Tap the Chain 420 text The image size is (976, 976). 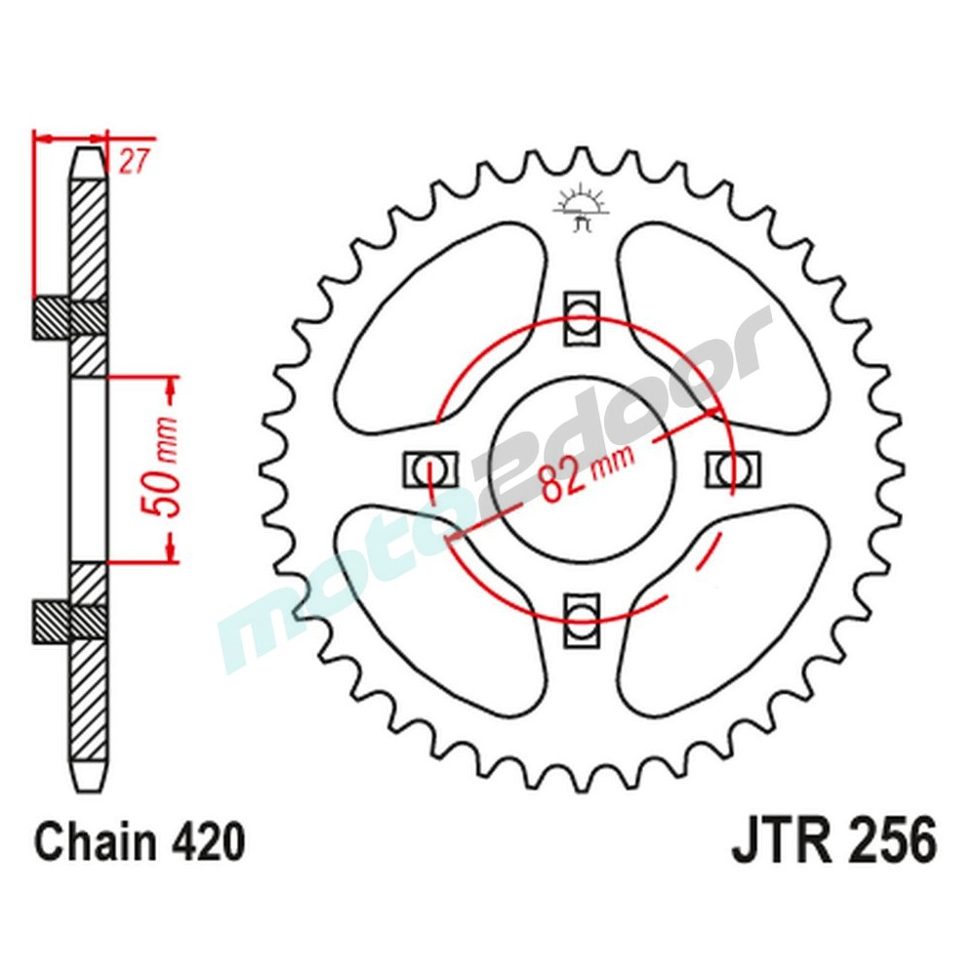point(139,841)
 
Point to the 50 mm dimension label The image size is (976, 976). point(162,469)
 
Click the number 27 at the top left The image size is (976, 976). point(133,162)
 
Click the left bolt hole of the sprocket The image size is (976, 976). point(429,468)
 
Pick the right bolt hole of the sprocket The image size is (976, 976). point(731,468)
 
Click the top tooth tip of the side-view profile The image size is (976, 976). point(88,153)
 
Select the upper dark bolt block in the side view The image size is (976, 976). point(54,318)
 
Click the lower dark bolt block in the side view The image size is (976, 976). point(54,621)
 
